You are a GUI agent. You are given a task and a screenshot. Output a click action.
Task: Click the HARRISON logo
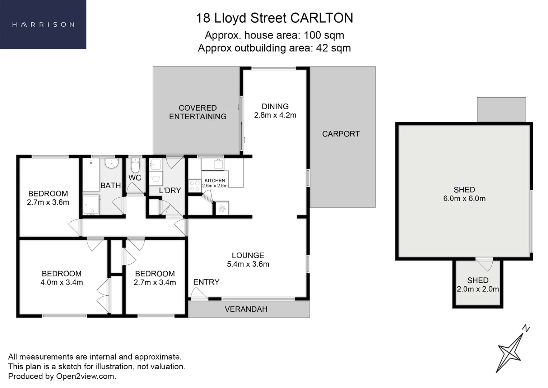coord(43,24)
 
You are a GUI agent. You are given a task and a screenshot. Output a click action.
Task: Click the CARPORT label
coord(340,134)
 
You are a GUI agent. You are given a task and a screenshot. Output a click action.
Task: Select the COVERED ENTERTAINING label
coord(198,112)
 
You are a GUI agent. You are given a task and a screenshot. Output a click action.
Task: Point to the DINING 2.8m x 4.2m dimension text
coord(275,115)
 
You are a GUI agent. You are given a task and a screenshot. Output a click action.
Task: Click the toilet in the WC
coord(135,166)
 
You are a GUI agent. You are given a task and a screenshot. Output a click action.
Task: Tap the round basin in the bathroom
coord(111,163)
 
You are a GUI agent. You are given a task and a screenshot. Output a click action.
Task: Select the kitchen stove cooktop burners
coord(195,185)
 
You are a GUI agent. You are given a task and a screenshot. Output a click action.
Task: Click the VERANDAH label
coord(246,309)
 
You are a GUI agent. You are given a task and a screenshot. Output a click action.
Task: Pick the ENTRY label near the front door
coord(206,282)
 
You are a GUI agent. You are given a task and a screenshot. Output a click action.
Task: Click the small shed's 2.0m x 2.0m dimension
coord(478,289)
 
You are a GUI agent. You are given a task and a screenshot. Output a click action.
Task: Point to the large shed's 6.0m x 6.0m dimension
coord(464,199)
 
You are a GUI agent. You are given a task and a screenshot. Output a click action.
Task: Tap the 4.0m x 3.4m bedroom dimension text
coord(61,283)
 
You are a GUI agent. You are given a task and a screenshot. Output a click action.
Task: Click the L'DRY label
coord(170,190)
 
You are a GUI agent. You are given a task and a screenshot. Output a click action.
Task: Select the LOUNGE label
coord(248,255)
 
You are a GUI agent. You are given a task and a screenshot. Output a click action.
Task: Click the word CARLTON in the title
coord(321,18)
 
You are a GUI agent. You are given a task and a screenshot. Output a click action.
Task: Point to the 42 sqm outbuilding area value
coord(333,48)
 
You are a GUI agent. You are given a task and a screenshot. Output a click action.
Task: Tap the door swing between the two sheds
coord(485,264)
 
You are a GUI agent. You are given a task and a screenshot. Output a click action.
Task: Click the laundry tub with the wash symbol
coord(156,178)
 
